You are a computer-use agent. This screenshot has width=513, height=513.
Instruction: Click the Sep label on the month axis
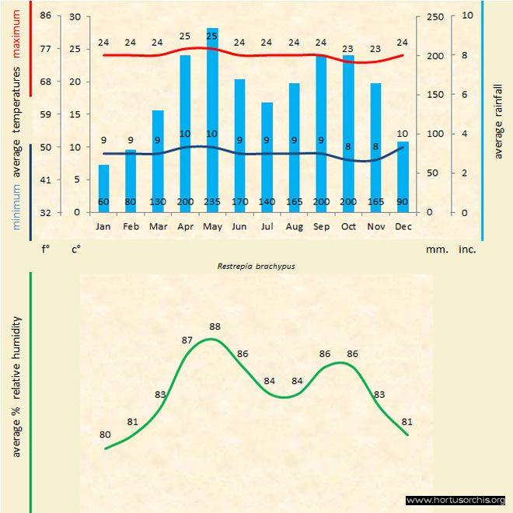pos(321,226)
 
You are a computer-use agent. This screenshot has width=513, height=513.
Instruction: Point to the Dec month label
pos(403,226)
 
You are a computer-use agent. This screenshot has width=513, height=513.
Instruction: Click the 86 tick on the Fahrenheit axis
pos(46,16)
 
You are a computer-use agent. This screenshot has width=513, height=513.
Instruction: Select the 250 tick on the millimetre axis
pos(436,16)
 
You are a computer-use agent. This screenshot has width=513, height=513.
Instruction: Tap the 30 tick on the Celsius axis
pos(75,16)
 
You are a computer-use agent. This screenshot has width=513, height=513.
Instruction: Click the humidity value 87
pos(187,340)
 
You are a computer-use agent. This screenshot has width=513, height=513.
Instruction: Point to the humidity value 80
pos(105,435)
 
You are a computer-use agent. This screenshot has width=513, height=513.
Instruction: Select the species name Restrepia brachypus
pos(256,265)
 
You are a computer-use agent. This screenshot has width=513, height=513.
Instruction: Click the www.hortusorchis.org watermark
pos(455,500)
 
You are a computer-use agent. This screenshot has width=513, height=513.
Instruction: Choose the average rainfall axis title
pos(498,120)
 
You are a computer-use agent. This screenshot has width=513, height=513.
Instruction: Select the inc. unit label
pos(466,250)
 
